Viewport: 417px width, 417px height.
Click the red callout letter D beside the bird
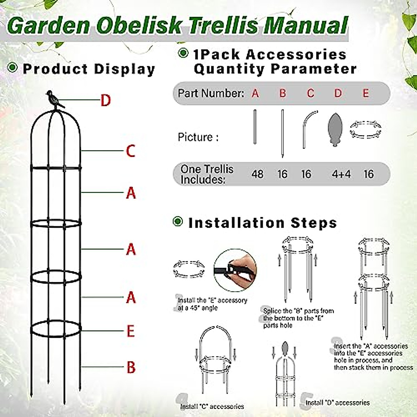click(x=105, y=100)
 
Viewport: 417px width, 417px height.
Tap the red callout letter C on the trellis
click(x=130, y=151)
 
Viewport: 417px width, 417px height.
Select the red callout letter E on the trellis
click(x=130, y=331)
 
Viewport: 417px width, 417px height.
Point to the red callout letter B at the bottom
click(x=131, y=367)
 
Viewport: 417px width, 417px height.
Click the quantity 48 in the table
click(x=257, y=174)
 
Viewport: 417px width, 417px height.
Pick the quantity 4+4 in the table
click(x=341, y=174)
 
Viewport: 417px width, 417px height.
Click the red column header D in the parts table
click(x=338, y=93)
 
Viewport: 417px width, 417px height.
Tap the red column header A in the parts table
click(x=255, y=93)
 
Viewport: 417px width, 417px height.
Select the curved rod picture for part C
click(x=308, y=129)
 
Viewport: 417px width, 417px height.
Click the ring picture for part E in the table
click(x=365, y=129)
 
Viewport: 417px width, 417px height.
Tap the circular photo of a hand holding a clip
click(x=235, y=270)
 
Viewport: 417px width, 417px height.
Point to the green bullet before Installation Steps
click(x=178, y=221)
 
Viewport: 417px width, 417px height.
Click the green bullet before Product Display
click(x=13, y=67)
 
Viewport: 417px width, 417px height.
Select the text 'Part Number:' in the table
click(x=211, y=93)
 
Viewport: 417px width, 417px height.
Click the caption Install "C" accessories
click(x=212, y=406)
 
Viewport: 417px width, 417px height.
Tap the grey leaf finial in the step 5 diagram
click(x=285, y=348)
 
